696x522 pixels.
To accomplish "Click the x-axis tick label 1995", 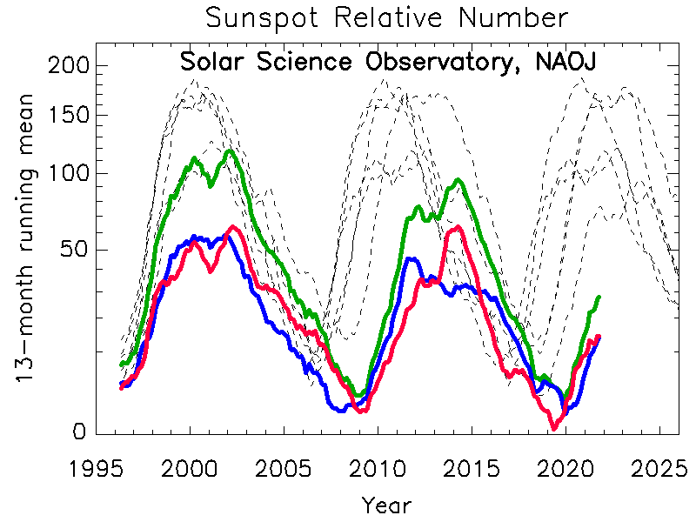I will coord(96,468).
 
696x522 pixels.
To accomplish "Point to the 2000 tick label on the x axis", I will coord(190,468).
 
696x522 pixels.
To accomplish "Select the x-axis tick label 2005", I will coord(284,468).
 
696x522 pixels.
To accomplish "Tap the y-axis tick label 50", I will coord(69,251).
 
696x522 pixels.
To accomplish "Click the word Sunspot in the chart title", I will coord(261,18).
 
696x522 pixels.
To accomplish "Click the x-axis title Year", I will coord(386,504).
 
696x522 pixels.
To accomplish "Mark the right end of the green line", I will coord(599,298).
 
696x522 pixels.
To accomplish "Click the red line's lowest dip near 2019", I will coord(553,427).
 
